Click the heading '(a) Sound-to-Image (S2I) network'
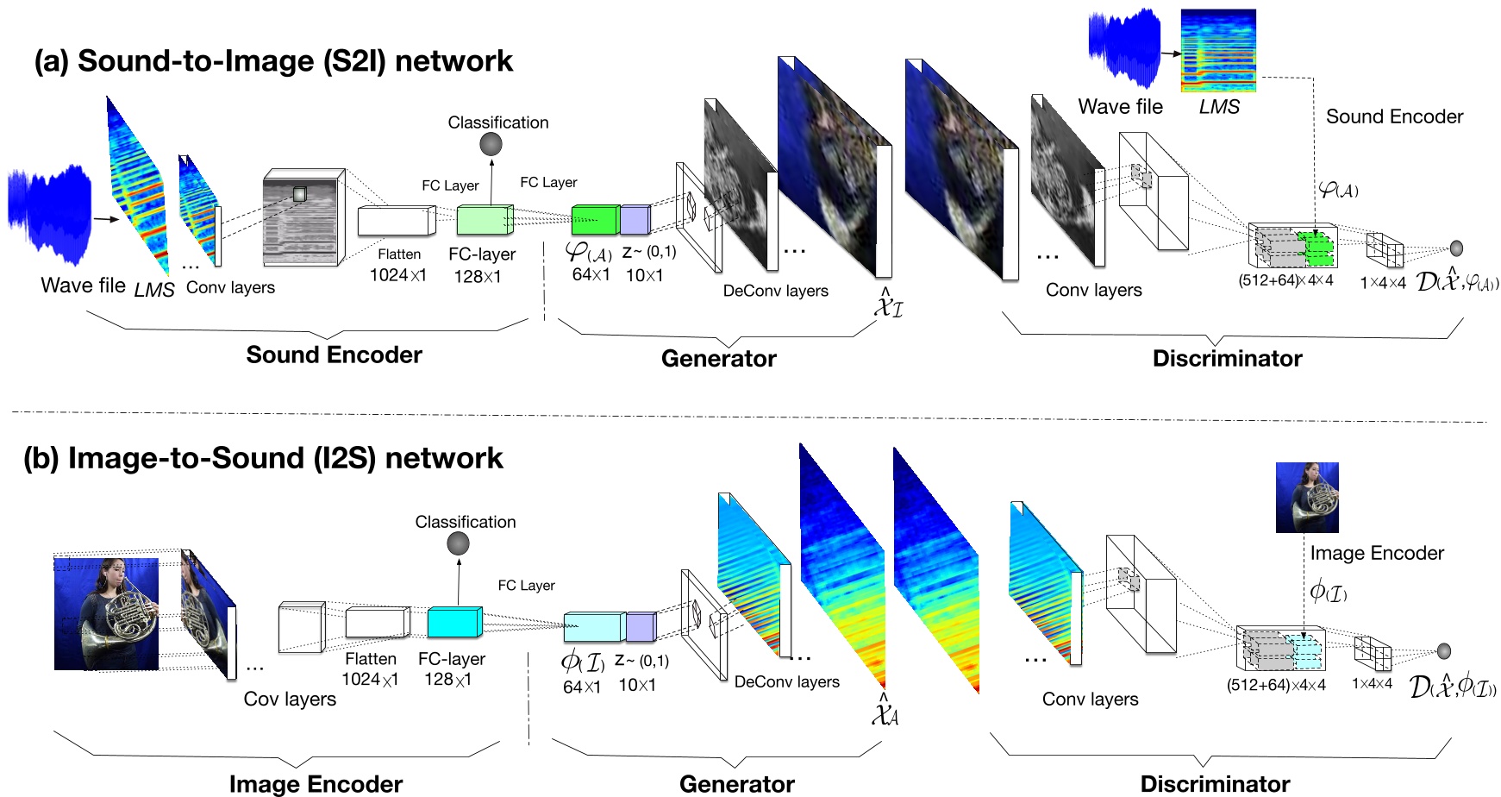[272, 61]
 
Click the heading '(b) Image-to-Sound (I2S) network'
[263, 458]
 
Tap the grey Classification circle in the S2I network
[491, 145]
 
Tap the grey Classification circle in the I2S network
[458, 543]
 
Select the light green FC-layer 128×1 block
[484, 221]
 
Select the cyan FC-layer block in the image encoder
[453, 622]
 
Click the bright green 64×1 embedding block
[595, 220]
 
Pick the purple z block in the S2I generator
[635, 220]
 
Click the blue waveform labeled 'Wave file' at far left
[49, 216]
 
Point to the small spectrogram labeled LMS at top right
[1218, 50]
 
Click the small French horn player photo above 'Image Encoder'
[1307, 498]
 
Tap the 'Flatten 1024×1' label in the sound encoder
[398, 265]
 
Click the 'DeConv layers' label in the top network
[775, 292]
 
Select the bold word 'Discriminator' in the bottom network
[1214, 783]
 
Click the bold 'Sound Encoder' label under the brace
[334, 355]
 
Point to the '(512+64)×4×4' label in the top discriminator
[1285, 280]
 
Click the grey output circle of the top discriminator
[1456, 248]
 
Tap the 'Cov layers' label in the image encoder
[290, 699]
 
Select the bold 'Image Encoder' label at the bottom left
[316, 783]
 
